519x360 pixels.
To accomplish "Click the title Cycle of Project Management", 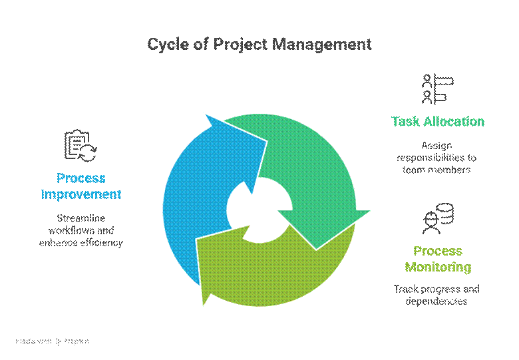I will tap(259, 45).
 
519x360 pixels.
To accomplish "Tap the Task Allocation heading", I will tap(437, 122).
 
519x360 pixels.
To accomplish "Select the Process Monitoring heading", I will tap(437, 260).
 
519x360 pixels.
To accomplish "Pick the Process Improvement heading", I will tap(81, 186).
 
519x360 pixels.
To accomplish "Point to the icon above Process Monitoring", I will tap(437, 220).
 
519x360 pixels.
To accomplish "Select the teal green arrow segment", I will tap(313, 173).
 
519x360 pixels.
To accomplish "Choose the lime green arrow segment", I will tap(266, 273).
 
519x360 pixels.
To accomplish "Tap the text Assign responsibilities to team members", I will tap(436, 158).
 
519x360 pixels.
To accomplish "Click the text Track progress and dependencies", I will tap(436, 295).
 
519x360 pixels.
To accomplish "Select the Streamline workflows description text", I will tap(81, 230).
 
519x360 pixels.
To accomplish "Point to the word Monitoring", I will tap(437, 268).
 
